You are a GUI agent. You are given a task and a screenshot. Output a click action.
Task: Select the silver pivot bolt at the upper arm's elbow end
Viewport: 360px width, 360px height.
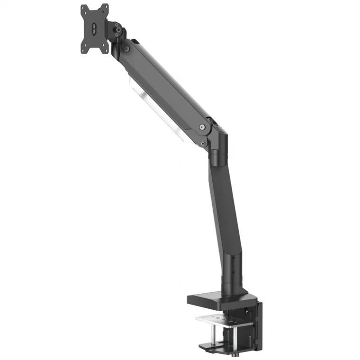pos(202,127)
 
